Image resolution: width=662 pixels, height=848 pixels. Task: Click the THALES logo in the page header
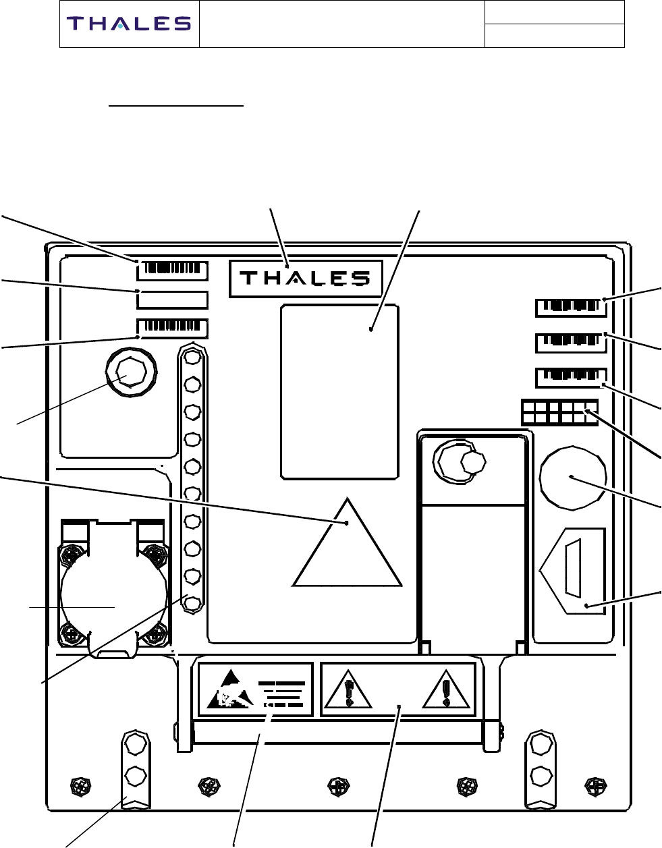point(128,24)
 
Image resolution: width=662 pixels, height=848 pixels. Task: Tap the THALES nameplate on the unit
point(306,278)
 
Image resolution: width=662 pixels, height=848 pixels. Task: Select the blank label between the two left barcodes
point(173,300)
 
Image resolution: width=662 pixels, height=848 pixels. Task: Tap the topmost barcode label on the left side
point(173,270)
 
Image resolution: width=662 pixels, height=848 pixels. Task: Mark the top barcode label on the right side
point(571,308)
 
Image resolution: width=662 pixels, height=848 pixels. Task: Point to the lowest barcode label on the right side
point(571,377)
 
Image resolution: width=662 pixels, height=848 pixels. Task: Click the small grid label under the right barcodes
point(559,412)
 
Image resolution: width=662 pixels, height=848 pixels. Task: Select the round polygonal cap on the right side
point(572,477)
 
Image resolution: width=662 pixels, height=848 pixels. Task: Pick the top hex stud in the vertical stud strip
point(192,356)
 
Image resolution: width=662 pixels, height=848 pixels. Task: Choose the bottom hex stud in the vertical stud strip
point(192,603)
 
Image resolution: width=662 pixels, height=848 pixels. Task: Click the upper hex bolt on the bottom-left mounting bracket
point(135,744)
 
